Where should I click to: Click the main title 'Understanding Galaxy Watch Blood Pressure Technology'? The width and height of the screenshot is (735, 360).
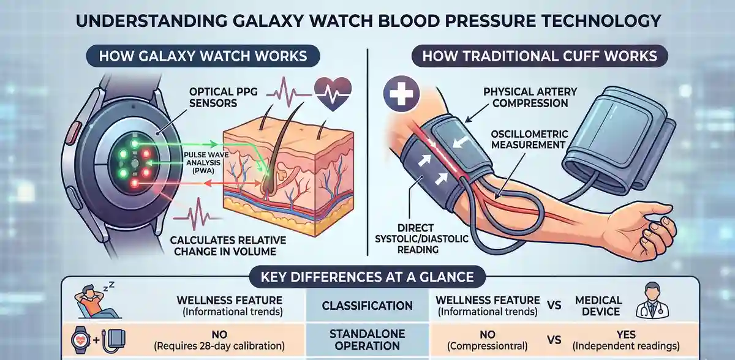tap(367, 20)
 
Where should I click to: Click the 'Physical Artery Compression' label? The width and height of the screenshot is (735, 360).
tap(530, 97)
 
